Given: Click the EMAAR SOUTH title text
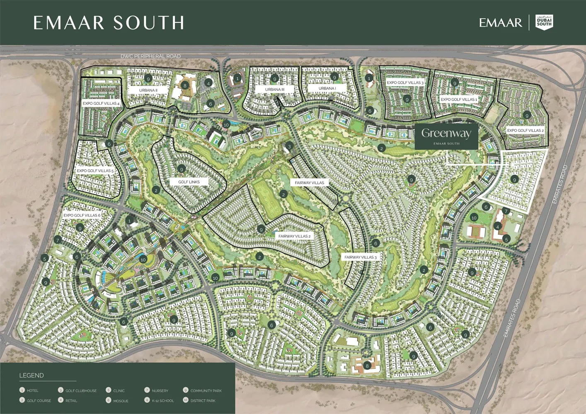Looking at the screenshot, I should pyautogui.click(x=109, y=23).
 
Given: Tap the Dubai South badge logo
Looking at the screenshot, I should pyautogui.click(x=544, y=22).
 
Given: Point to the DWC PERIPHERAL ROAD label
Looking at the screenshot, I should pyautogui.click(x=150, y=56).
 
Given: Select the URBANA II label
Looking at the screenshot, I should pyautogui.click(x=148, y=90).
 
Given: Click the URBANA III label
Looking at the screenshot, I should pyautogui.click(x=275, y=89).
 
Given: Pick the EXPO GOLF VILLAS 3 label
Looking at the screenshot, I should pyautogui.click(x=405, y=83).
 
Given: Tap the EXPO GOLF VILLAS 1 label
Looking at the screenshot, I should pyautogui.click(x=459, y=99).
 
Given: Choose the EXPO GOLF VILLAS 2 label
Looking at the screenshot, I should pyautogui.click(x=525, y=130).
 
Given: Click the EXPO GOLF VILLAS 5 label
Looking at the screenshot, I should pyautogui.click(x=95, y=171).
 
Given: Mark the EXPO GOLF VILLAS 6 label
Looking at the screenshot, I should pyautogui.click(x=82, y=215).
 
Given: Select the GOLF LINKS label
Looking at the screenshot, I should pyautogui.click(x=189, y=182).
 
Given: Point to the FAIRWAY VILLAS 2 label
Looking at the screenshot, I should pyautogui.click(x=294, y=236).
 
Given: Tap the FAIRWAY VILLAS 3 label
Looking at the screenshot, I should pyautogui.click(x=361, y=257).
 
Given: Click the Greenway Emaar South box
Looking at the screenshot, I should pyautogui.click(x=446, y=136).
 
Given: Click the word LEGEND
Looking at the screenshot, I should pyautogui.click(x=31, y=375).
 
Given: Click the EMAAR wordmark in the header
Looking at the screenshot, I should pyautogui.click(x=500, y=23).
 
